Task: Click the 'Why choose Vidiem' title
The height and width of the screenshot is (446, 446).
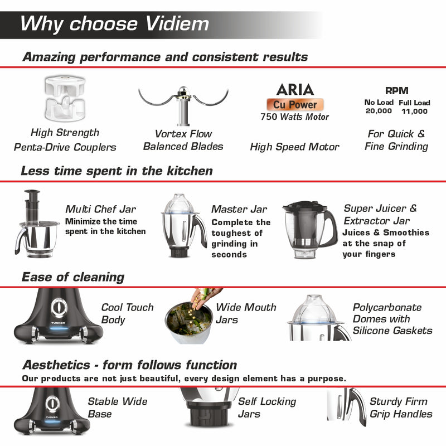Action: click(115, 23)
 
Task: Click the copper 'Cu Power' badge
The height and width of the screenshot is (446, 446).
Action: click(294, 104)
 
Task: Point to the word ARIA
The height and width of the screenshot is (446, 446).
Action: click(295, 89)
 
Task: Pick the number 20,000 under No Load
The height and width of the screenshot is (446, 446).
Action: click(379, 111)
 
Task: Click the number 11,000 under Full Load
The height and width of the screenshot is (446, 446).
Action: click(414, 111)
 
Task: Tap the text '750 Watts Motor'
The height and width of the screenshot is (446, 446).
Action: click(295, 117)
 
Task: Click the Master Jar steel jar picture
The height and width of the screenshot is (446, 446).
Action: click(183, 226)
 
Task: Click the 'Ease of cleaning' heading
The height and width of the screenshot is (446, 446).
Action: click(72, 277)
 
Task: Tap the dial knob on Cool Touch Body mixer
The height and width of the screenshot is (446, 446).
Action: click(57, 308)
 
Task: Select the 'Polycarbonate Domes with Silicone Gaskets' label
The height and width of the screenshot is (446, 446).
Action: click(392, 319)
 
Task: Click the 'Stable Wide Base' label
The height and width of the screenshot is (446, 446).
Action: click(117, 408)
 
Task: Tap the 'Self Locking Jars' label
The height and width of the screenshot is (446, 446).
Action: click(266, 408)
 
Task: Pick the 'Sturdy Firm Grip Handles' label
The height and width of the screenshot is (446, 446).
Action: click(400, 408)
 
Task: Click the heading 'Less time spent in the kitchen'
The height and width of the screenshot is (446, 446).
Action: click(117, 171)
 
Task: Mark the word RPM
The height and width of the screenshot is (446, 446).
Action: click(396, 91)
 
